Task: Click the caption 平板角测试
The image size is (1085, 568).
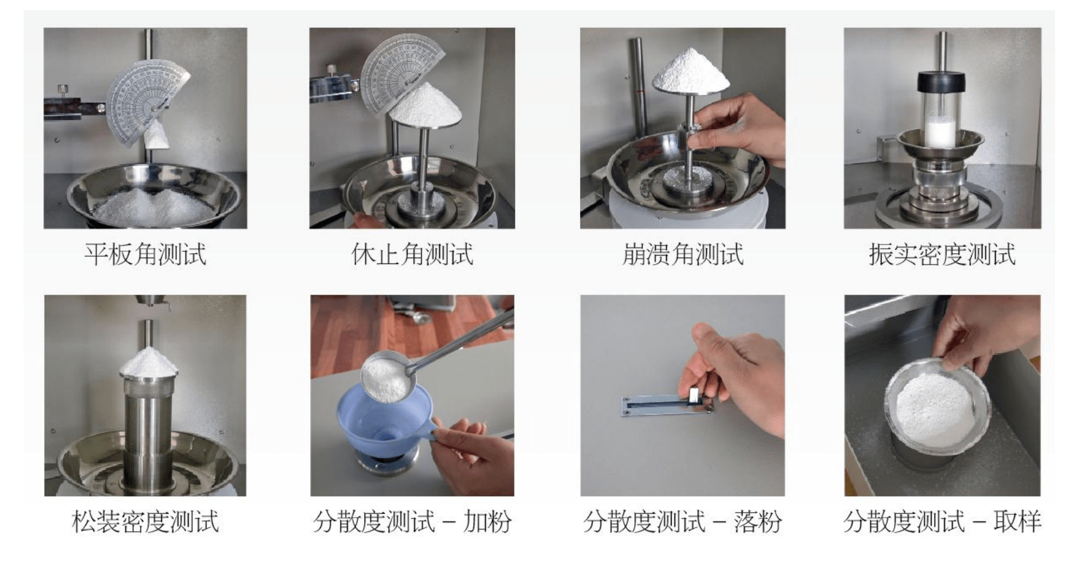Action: tap(145, 254)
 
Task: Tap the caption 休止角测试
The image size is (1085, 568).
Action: tap(412, 254)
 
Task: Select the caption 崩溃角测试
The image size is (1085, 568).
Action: tap(683, 254)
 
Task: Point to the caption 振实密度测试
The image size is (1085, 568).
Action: tap(942, 254)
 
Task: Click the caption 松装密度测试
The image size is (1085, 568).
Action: tap(145, 522)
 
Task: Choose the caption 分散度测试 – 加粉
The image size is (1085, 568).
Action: tap(412, 522)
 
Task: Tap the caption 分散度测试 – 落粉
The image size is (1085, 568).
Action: tap(683, 522)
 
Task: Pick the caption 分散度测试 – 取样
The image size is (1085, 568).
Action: tap(942, 522)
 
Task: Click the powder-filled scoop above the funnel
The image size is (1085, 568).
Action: tap(386, 377)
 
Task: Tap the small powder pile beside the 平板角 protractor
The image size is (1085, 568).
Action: tap(157, 135)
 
